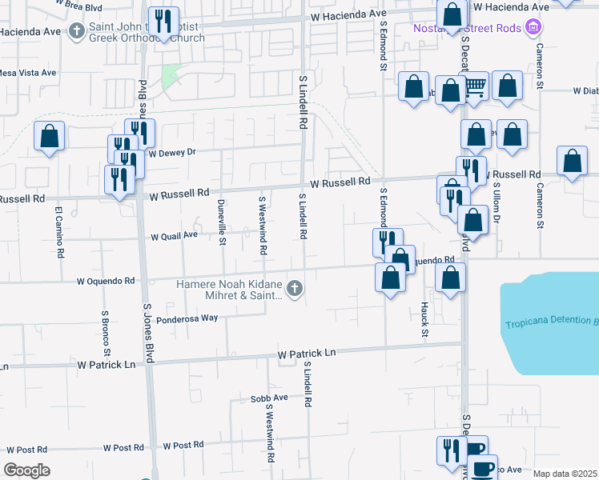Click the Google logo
point(27,470)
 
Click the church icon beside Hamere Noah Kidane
point(295,288)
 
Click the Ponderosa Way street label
point(187,318)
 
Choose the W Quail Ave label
point(174,236)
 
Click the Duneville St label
point(222,223)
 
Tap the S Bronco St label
point(105,334)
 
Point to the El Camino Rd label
point(58,232)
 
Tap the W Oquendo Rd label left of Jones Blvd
point(106,281)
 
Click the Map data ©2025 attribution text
point(565,474)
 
